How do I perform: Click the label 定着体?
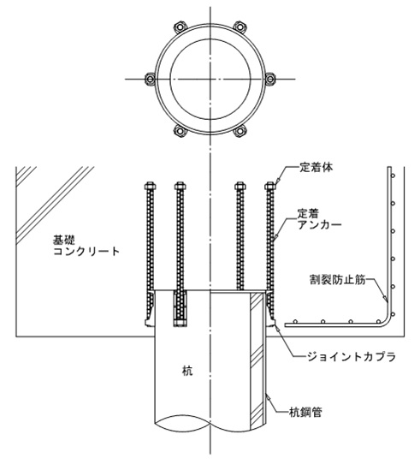[x=316, y=168]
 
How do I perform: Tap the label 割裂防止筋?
[x=338, y=279]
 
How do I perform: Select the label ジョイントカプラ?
[x=351, y=357]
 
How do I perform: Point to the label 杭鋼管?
[x=305, y=412]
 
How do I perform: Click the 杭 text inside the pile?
[x=187, y=371]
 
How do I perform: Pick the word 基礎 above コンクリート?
[x=63, y=240]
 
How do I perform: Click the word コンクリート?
[x=86, y=252]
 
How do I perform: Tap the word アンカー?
[x=319, y=225]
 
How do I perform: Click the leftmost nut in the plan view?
[x=151, y=79]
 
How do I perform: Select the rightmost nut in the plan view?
[x=269, y=79]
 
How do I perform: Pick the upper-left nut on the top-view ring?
[x=180, y=27]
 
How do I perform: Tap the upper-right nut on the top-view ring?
[x=240, y=27]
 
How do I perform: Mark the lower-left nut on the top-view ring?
[x=180, y=131]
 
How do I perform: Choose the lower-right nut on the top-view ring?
[x=240, y=131]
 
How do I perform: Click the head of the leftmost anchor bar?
[x=151, y=186]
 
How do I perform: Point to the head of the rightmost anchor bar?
[x=269, y=186]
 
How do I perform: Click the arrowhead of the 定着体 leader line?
[x=277, y=181]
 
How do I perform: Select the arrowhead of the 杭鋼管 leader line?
[x=268, y=398]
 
